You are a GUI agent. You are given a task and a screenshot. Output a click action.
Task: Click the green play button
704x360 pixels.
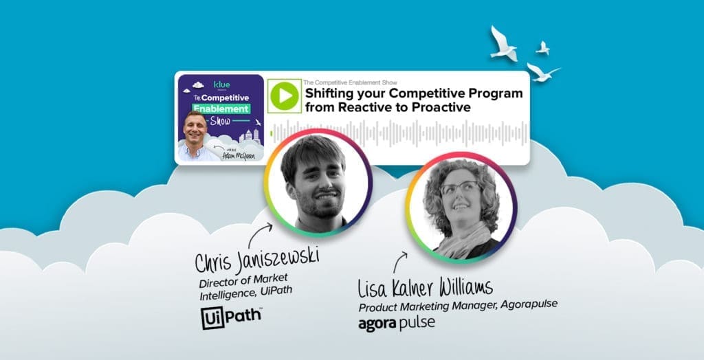(283, 96)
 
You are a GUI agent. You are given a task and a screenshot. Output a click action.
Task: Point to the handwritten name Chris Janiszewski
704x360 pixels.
(257, 262)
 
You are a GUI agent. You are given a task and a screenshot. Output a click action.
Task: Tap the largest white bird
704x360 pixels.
(504, 43)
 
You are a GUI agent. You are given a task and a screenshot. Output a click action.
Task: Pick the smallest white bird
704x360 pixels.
(543, 47)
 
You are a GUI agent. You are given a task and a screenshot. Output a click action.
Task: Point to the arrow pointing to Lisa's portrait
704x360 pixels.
(400, 262)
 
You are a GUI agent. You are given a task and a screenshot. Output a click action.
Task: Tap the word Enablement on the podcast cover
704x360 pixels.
(221, 110)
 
